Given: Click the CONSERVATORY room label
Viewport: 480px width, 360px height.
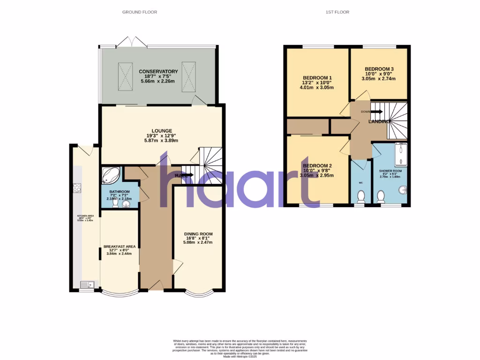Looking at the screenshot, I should [158, 71].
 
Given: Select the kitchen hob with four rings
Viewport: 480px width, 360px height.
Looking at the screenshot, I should [77, 188].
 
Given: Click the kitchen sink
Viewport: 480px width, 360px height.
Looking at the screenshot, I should [87, 284].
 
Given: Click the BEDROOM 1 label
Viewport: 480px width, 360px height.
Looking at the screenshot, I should [317, 78].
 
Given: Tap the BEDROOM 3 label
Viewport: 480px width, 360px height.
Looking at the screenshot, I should [379, 69].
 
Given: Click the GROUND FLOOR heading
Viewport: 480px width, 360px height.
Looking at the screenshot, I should [140, 12].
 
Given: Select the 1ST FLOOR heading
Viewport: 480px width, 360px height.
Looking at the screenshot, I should [337, 12].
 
